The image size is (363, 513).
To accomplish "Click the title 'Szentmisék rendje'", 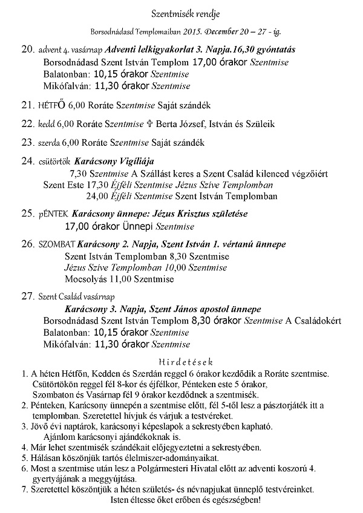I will pyautogui.click(x=181, y=13).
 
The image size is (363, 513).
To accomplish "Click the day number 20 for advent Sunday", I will pyautogui.click(x=28, y=48).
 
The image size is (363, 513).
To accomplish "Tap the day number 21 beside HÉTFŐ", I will pyautogui.click(x=28, y=105).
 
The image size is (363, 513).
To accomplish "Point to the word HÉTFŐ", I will pyautogui.click(x=51, y=106).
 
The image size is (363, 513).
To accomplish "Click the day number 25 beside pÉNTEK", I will pyautogui.click(x=28, y=214).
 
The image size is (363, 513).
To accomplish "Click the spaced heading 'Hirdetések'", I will pyautogui.click(x=181, y=362).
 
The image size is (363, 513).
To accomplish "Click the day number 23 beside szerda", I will pyautogui.click(x=28, y=143).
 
